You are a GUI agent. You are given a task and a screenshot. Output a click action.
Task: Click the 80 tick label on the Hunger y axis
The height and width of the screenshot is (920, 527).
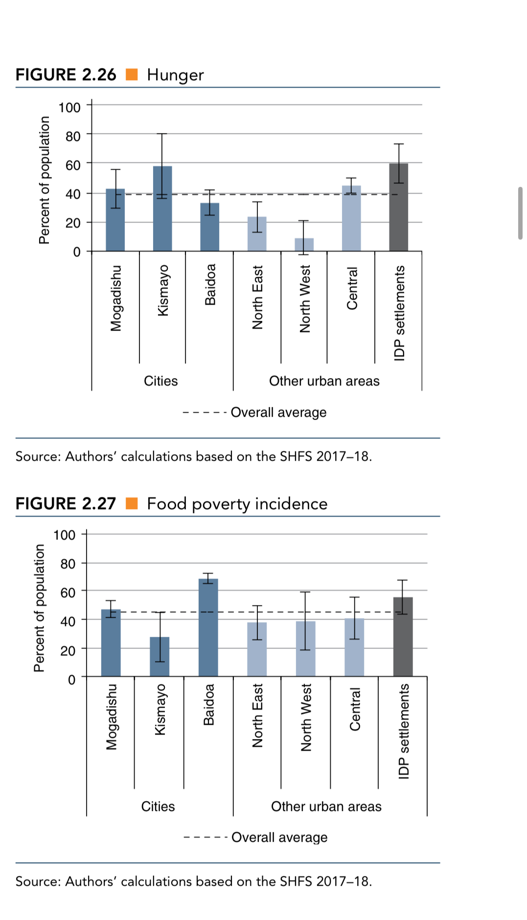click(73, 136)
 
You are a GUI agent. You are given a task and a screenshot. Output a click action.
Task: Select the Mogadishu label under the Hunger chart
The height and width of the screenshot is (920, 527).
click(116, 298)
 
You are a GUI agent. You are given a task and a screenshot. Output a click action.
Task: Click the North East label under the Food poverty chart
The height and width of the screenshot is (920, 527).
click(257, 716)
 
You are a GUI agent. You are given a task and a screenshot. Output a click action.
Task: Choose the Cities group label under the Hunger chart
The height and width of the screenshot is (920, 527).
click(160, 381)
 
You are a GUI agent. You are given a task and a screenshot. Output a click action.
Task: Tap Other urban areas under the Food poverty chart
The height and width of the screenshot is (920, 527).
click(326, 807)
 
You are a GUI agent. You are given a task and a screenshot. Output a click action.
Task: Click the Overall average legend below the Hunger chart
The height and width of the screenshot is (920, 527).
click(278, 412)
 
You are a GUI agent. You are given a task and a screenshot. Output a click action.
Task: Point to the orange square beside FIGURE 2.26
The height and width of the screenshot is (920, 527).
click(132, 74)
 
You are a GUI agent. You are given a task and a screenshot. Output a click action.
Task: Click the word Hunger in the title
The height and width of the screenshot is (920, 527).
click(175, 75)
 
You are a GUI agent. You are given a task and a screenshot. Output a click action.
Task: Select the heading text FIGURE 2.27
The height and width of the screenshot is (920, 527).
click(66, 503)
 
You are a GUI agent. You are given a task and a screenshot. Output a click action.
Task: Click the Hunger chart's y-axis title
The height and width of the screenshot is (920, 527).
click(45, 180)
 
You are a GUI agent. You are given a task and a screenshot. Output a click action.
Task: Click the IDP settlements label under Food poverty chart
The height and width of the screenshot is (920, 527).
click(403, 731)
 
